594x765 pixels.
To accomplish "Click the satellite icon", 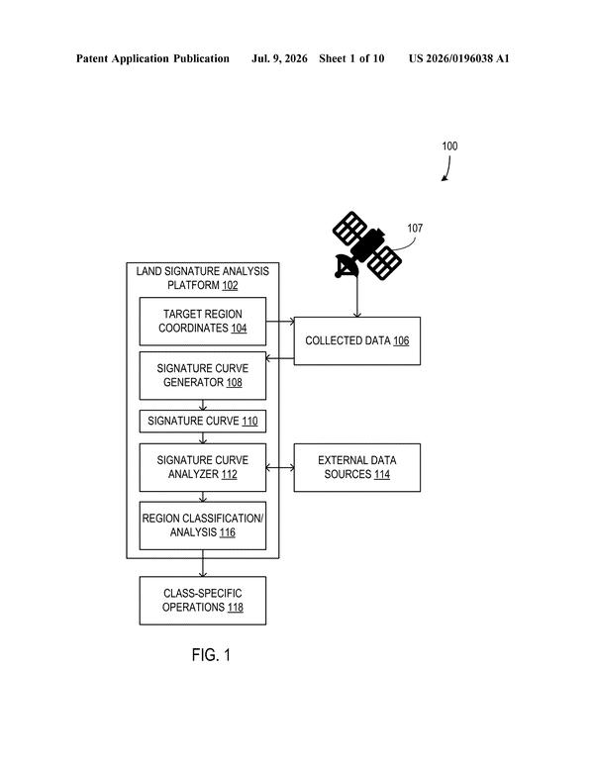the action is pyautogui.click(x=366, y=245).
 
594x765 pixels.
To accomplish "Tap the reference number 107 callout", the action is pyautogui.click(x=415, y=228).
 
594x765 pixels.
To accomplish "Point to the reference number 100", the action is pyautogui.click(x=449, y=145).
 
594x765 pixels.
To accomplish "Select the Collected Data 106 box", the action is pyautogui.click(x=356, y=341).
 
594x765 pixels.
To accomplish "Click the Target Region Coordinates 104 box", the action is pyautogui.click(x=203, y=322).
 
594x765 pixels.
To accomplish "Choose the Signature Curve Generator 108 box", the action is pyautogui.click(x=203, y=376).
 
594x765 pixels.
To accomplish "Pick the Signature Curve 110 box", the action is pyautogui.click(x=203, y=422).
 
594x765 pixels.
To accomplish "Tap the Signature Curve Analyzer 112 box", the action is pyautogui.click(x=203, y=467).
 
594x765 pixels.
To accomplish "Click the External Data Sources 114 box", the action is pyautogui.click(x=356, y=467).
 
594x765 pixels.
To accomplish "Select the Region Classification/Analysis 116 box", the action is pyautogui.click(x=203, y=526).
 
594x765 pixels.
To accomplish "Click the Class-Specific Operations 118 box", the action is pyautogui.click(x=203, y=601).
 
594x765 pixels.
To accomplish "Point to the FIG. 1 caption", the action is pyautogui.click(x=211, y=655).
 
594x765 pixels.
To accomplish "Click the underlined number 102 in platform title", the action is pyautogui.click(x=230, y=285).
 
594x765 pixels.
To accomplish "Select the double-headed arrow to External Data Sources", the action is pyautogui.click(x=280, y=468).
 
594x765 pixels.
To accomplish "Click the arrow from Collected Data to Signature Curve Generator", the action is pyautogui.click(x=280, y=358).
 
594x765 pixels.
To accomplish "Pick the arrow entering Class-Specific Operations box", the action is pyautogui.click(x=203, y=563).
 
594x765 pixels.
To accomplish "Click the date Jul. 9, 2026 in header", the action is pyautogui.click(x=279, y=59).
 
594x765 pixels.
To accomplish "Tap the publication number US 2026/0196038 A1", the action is pyautogui.click(x=458, y=59).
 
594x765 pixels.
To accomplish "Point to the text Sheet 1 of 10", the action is pyautogui.click(x=351, y=59).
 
